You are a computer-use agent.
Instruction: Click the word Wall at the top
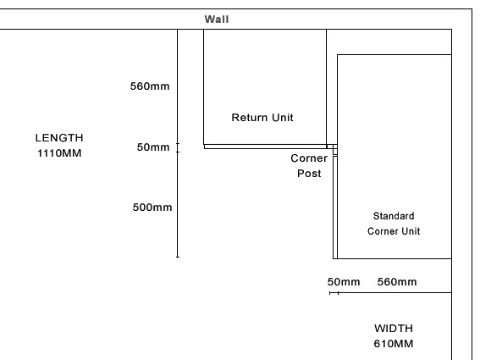pos(217,19)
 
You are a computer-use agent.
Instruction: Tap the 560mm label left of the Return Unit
pos(150,86)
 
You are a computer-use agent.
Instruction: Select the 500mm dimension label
pos(152,208)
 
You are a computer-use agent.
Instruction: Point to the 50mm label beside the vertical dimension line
pos(153,147)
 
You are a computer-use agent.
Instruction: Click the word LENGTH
pos(59,138)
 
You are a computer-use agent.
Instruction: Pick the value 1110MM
pos(59,152)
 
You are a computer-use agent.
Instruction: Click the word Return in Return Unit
pos(246,118)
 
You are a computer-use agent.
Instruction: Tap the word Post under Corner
pos(309,174)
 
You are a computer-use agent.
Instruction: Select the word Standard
pos(394,216)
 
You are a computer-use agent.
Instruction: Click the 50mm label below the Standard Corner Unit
pos(344,282)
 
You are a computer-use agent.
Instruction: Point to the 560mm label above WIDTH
pos(397,282)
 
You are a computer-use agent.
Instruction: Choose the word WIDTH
pos(394,329)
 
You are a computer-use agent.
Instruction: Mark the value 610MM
pos(394,343)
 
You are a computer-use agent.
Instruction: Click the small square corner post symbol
pos(335,152)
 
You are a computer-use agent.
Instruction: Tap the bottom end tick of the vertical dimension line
pos(178,257)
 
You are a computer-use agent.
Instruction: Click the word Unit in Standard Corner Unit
pos(411,231)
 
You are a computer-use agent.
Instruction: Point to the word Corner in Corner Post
pos(309,158)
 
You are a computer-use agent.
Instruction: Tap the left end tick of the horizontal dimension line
pos(329,293)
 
